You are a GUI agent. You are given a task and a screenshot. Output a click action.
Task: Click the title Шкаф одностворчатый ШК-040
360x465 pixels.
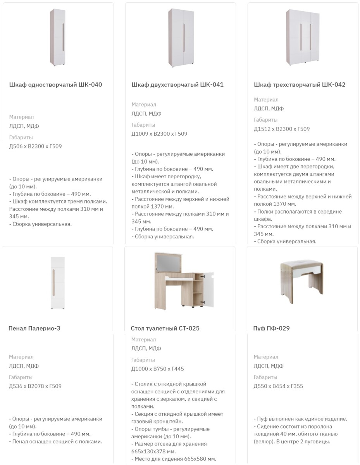point(55,85)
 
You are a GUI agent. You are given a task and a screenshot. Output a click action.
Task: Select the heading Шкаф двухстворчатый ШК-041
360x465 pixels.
point(177,85)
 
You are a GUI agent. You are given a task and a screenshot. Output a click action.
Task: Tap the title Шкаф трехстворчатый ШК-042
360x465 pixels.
point(300,85)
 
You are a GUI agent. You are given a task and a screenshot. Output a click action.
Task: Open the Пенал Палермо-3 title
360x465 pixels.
point(34,328)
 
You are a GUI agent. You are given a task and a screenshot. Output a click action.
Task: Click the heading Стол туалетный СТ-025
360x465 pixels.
point(165,328)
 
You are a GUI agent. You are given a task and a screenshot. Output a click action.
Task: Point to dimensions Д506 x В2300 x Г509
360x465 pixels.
point(36,146)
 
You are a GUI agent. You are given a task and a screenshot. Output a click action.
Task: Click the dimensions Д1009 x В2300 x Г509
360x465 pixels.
point(159,134)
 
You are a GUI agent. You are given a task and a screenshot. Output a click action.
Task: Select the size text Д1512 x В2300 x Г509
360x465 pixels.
point(282,129)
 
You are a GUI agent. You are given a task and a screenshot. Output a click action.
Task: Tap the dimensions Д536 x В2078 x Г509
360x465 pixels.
point(35,386)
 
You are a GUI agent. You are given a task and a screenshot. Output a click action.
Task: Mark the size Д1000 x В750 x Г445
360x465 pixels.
point(157,369)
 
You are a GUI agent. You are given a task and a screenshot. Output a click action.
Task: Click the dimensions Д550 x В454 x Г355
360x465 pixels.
point(278,386)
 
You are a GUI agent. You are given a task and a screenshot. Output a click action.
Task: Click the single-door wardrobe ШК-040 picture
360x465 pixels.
point(58,38)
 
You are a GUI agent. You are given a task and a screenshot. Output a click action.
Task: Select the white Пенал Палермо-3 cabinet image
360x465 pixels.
point(57,283)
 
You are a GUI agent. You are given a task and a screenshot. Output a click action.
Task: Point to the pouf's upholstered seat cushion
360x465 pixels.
point(301,264)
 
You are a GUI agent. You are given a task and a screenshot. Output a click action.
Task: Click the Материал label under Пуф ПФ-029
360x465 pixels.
point(266,357)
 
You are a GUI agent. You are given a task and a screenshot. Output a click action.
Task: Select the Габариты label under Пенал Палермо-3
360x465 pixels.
point(21,377)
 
